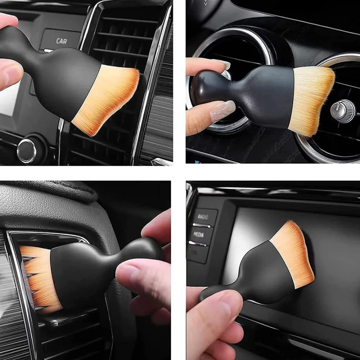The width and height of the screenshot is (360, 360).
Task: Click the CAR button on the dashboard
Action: click(x=61, y=41)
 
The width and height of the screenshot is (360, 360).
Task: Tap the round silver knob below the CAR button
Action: click(x=27, y=151)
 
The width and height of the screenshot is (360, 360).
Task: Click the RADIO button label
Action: click(x=203, y=217)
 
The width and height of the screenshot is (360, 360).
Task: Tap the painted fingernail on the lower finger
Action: click(x=222, y=111)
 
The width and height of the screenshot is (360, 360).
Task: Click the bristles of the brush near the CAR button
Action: click(x=107, y=100)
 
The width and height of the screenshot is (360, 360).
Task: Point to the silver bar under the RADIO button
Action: click(x=201, y=226)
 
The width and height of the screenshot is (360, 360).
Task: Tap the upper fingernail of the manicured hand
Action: click(x=224, y=64)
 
